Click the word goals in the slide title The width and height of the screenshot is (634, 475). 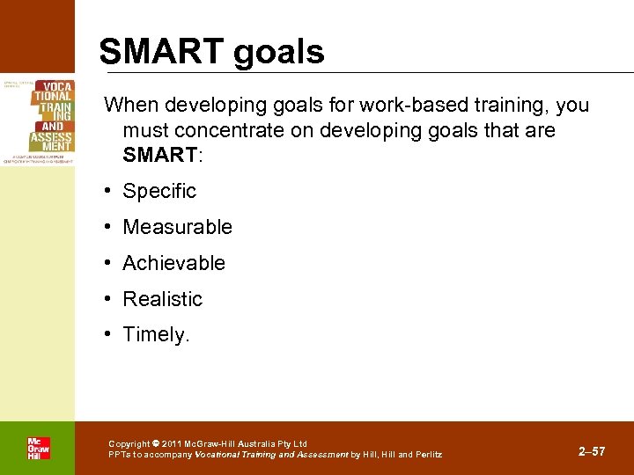[x=278, y=53]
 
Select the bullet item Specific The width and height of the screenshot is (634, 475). [x=159, y=191]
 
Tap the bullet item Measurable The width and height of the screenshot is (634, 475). [x=177, y=227]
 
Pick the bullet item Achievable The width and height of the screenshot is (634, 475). [x=173, y=263]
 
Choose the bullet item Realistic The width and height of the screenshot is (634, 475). [x=162, y=299]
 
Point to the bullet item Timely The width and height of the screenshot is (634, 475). [x=156, y=335]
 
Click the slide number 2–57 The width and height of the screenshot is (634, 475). [x=592, y=451]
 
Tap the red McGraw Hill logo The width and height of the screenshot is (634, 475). [x=38, y=449]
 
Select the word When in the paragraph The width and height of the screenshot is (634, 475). [x=130, y=106]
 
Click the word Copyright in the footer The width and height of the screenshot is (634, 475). [x=129, y=444]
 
